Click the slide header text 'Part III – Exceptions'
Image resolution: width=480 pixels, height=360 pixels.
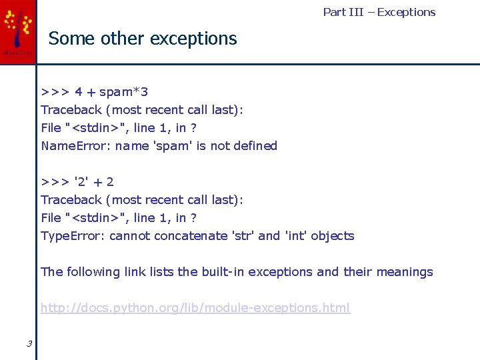[x=379, y=12]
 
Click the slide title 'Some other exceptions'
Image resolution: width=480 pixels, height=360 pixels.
[x=143, y=39]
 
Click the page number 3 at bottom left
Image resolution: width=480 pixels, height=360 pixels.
[x=29, y=344]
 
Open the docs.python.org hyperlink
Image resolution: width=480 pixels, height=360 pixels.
[x=195, y=308]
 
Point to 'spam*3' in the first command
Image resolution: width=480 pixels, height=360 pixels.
[x=123, y=92]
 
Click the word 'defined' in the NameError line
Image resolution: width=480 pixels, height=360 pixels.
[x=255, y=146]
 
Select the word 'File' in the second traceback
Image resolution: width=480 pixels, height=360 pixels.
[x=51, y=218]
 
